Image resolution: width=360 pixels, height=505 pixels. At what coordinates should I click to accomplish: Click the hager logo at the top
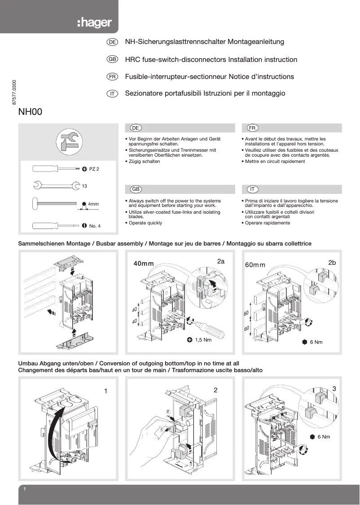coord(94,23)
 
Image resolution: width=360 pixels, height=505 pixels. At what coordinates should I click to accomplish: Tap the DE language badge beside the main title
coord(112,42)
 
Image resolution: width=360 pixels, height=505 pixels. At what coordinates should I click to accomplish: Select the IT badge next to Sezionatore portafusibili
coord(112,94)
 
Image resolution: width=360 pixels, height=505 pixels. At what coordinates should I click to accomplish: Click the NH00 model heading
coord(30,112)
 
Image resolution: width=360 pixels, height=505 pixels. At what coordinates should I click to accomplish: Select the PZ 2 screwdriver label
coord(94,169)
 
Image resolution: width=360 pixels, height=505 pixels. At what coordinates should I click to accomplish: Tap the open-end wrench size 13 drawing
coord(53,184)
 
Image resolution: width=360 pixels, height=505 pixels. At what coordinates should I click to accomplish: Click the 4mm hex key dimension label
coord(93,204)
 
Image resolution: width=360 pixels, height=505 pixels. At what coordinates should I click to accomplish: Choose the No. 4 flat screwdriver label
coord(95,226)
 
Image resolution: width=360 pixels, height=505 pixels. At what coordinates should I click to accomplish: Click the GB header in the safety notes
coord(135,189)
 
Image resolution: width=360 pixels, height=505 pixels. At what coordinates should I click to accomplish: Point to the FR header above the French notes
coord(252,128)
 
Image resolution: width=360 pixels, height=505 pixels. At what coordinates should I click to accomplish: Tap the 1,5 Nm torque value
coord(202,340)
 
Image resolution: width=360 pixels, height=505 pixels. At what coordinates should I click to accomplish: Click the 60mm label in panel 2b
coord(255,264)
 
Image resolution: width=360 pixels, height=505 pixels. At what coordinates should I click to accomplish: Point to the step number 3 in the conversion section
coord(334,388)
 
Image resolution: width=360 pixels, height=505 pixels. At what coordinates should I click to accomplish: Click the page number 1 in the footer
coord(25,489)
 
